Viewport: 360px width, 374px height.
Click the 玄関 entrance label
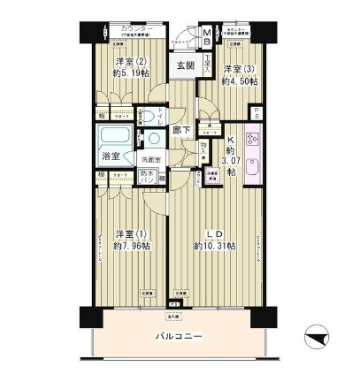point(184,67)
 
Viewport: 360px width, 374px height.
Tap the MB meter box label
point(206,38)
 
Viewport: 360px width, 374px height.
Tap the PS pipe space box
point(256,114)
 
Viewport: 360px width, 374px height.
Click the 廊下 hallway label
point(181,131)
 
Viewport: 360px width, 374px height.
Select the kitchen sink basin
point(250,165)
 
